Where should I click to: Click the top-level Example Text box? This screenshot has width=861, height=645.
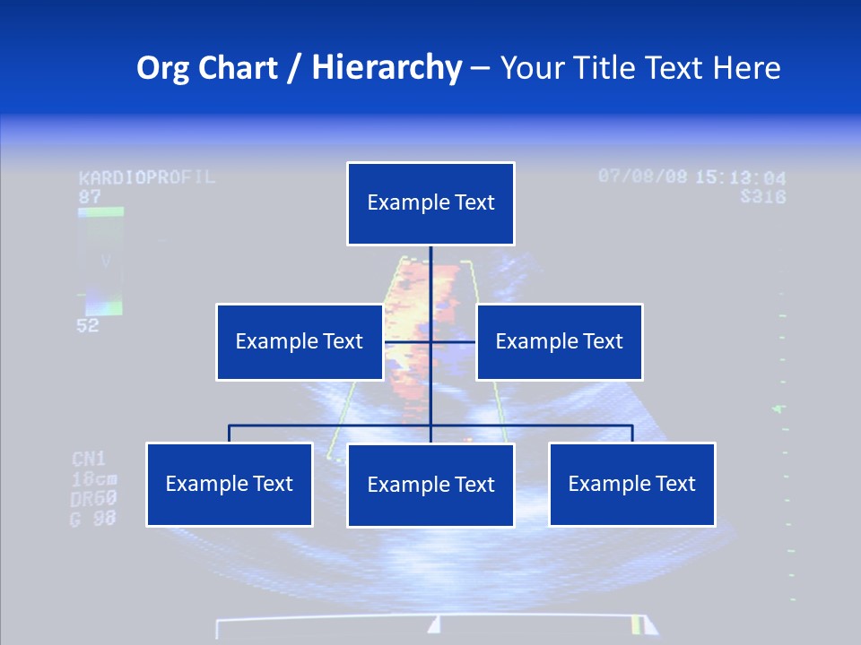tap(430, 203)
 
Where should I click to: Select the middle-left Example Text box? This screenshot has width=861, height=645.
tap(300, 341)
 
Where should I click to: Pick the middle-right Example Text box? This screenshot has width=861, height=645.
tap(559, 341)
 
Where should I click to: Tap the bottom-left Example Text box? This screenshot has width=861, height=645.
tap(229, 484)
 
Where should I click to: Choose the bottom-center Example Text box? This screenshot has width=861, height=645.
tap(430, 485)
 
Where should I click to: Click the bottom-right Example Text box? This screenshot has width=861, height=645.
tap(631, 484)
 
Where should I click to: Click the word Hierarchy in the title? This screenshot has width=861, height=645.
tap(387, 67)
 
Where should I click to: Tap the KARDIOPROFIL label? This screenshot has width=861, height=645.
tap(147, 176)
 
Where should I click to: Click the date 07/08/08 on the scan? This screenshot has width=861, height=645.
tap(642, 176)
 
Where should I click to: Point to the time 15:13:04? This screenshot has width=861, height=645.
tap(741, 177)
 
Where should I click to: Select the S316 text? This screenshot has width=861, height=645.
tap(762, 196)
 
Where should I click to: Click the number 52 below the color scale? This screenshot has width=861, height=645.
tap(88, 326)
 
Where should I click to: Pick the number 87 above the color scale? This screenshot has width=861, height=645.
tap(90, 196)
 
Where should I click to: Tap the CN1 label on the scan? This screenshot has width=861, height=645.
tap(89, 460)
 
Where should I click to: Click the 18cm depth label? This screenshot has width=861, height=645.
tap(93, 479)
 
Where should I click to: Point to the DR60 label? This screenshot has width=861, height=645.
tap(93, 499)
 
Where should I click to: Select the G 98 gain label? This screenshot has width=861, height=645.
tap(93, 518)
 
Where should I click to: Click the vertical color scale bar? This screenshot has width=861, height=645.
tap(100, 261)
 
